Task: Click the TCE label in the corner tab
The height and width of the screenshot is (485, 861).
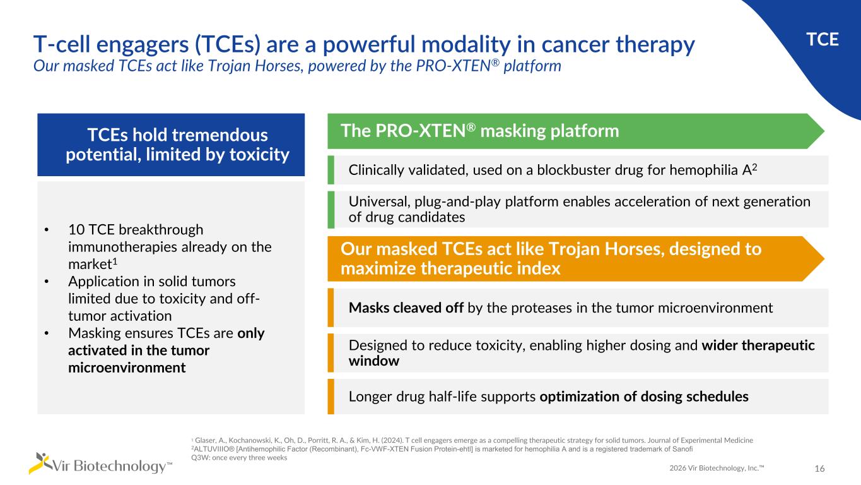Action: (822, 39)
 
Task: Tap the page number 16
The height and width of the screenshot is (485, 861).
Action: (819, 469)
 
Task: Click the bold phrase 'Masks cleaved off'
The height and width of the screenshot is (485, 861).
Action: (406, 308)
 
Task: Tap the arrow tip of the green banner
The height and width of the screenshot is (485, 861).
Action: (824, 131)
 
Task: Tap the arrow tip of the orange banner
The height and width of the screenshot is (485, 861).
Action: (824, 259)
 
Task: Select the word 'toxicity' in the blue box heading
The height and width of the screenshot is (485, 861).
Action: (259, 154)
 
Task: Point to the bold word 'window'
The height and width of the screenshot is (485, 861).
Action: (373, 361)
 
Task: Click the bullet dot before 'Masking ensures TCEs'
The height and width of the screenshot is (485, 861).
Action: (47, 333)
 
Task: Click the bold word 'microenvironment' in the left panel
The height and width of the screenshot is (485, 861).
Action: (127, 368)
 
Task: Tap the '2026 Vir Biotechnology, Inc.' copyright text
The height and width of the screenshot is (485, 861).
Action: (717, 468)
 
